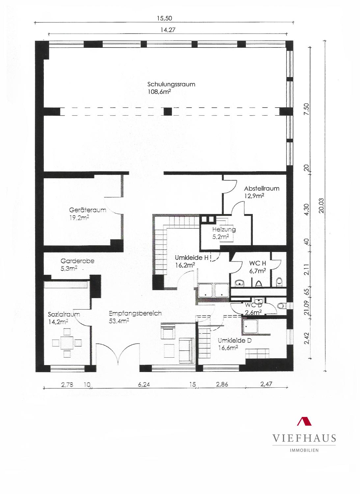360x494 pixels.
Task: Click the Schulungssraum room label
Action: coord(171,84)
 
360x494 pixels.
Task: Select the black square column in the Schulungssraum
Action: coord(168,112)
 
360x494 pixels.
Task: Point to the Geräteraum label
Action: coord(88,210)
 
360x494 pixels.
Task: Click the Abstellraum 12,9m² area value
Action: coord(254,196)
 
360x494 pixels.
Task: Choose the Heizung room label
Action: coord(224,230)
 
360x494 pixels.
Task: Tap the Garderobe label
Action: coord(77,261)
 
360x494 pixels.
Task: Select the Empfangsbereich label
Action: coord(135,314)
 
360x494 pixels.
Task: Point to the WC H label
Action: coord(258,263)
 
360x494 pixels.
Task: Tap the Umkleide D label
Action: coord(235,341)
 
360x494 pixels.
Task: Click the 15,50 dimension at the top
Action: coord(164,18)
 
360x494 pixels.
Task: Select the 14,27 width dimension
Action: coord(168,30)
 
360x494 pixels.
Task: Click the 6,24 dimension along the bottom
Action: coord(144,385)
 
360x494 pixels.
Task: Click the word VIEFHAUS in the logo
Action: coord(304,438)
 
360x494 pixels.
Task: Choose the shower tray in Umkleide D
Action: coord(250,327)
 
